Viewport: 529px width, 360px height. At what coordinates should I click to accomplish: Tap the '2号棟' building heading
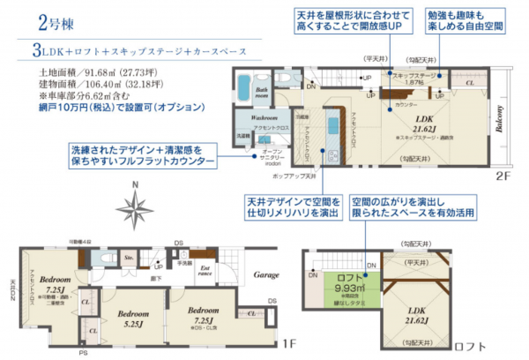coord(27,21)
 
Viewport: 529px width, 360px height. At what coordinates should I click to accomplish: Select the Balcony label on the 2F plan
coord(499,120)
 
